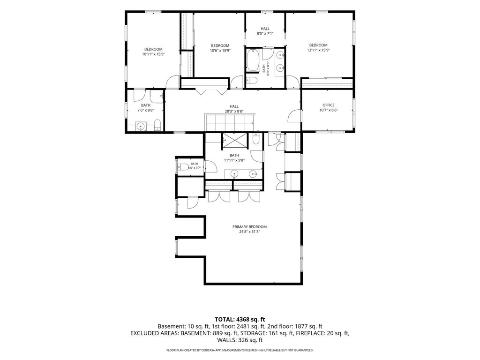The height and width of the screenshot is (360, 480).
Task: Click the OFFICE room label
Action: (329, 105)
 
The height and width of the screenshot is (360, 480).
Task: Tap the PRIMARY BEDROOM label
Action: (249, 227)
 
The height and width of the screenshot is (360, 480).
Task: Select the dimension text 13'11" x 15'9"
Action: (318, 50)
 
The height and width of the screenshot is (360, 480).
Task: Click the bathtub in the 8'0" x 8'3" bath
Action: (253, 60)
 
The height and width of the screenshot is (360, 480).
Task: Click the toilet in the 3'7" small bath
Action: (183, 167)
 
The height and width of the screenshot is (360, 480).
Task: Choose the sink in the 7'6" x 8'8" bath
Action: (141, 126)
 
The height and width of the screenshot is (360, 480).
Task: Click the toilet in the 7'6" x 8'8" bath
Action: (157, 125)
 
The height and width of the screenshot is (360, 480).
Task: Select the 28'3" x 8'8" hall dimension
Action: (234, 112)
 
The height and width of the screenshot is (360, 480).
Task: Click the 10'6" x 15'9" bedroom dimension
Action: (220, 51)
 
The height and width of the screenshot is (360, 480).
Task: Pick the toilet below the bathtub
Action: (252, 81)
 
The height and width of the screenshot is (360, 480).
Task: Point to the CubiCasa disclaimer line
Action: (240, 350)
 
